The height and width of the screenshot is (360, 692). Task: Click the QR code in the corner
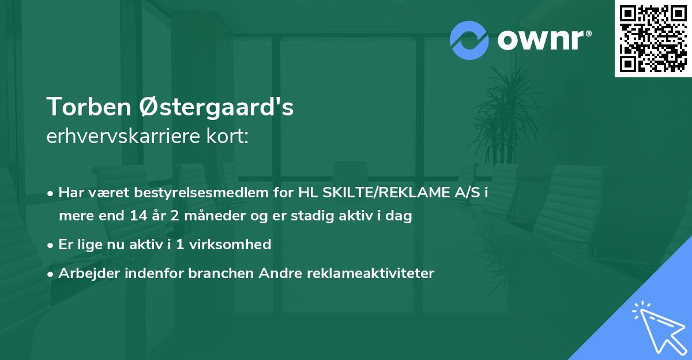[653, 38]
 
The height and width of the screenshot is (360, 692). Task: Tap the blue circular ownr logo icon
[469, 40]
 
